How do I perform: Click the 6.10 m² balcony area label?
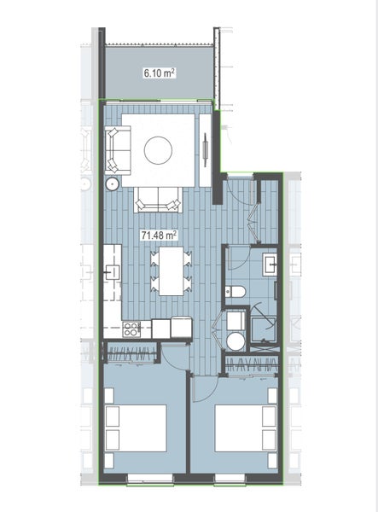click(x=159, y=74)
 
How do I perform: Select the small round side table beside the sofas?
click(x=112, y=183)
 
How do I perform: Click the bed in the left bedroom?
click(x=135, y=428)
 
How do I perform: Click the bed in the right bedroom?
click(x=244, y=428)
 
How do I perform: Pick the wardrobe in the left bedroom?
click(x=131, y=352)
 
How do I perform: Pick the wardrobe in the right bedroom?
click(x=251, y=364)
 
